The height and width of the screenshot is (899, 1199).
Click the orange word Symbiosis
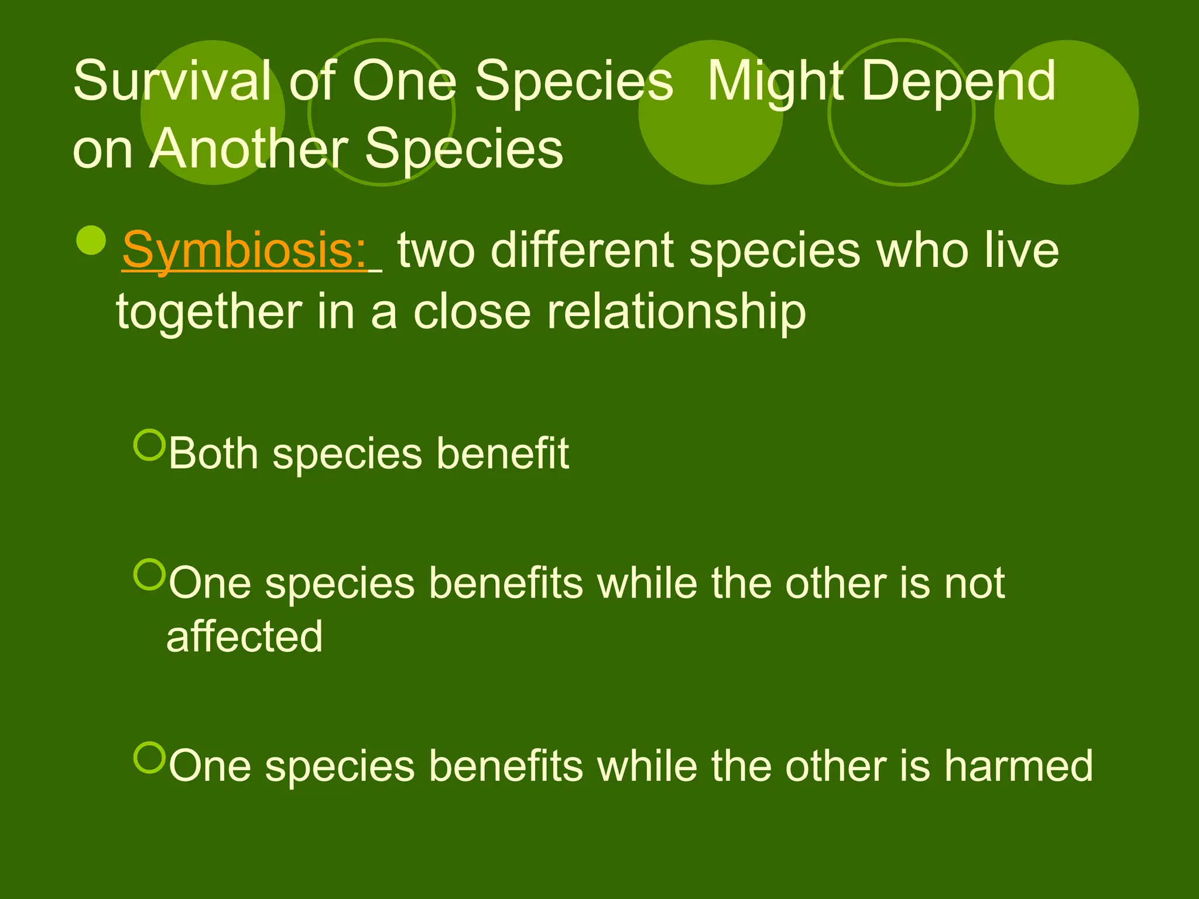(245, 251)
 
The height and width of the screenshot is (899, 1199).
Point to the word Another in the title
(249, 149)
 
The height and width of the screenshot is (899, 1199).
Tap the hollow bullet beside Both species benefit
(150, 445)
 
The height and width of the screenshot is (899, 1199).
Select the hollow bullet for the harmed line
(150, 757)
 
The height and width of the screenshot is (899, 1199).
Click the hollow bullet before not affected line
(150, 574)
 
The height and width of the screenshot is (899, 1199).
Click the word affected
(245, 637)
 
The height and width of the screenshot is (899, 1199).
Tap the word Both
(214, 453)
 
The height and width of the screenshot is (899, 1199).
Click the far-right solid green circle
(1066, 112)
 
